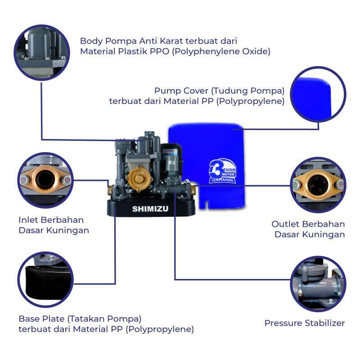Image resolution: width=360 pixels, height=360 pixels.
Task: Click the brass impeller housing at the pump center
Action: tap(138, 178)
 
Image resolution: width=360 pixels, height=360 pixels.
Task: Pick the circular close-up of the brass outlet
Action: tap(318, 184)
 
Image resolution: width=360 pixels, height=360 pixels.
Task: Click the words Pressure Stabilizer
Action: tap(304, 323)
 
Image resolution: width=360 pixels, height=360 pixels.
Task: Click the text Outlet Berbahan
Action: tap(308, 224)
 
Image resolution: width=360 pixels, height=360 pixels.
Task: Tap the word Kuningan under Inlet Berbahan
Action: tap(69, 230)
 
